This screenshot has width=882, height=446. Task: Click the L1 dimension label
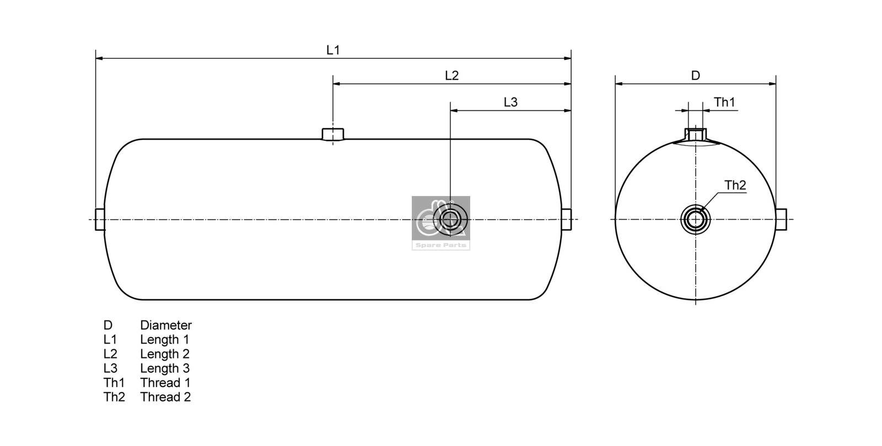(333, 50)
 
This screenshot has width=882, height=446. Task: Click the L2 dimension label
(451, 75)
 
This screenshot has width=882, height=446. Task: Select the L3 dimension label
(510, 102)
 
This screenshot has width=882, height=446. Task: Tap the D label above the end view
(695, 75)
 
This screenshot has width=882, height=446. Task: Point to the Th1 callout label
(724, 102)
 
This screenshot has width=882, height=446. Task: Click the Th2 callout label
(735, 186)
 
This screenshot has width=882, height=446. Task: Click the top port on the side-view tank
(332, 134)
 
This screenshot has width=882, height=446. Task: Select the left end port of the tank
(100, 219)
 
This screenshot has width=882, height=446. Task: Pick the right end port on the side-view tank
(567, 219)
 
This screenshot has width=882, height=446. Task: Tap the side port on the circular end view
(781, 219)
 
